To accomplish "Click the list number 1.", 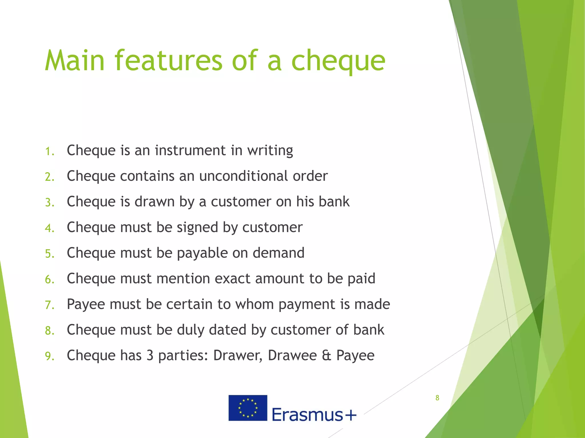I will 49,151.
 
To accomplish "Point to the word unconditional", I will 244,176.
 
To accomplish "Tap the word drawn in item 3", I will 155,202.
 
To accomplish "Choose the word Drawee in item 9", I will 292,356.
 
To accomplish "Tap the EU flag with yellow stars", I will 248,408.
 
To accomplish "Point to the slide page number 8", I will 437,398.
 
